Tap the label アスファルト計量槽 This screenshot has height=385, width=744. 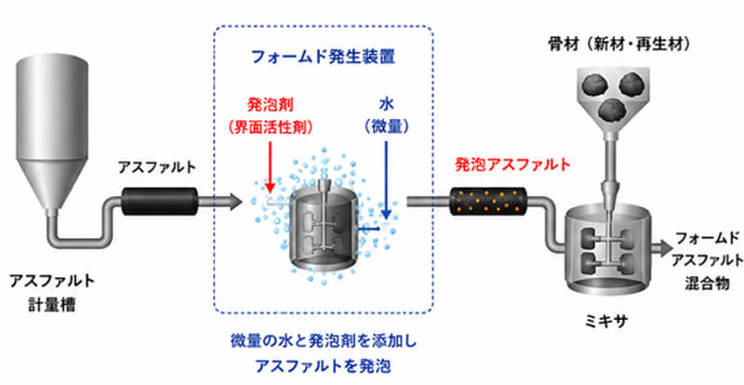pos(52,292)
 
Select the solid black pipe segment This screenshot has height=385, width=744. pos(159,201)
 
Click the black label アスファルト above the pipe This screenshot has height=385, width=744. pos(157,166)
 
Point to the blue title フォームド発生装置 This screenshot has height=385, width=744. pos(323,58)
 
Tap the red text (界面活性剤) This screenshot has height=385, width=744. pos(269,126)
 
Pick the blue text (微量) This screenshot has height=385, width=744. pos(387,126)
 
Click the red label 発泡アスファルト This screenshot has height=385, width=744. pos(512,165)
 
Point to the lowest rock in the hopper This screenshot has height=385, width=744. pos(610,109)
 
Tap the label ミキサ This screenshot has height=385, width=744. pos(605,321)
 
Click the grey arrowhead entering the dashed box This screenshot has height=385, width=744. pos(235,201)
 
